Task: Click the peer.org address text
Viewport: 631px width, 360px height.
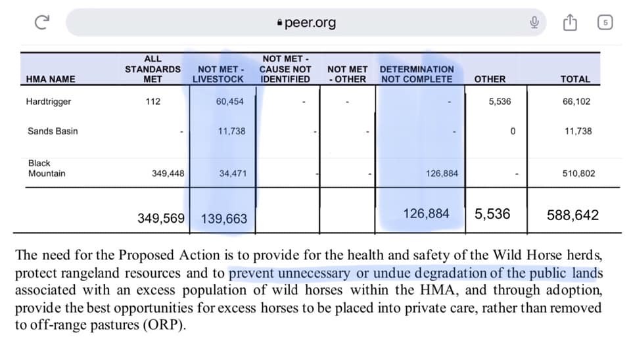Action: [310, 23]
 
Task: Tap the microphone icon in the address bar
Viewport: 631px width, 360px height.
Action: [535, 23]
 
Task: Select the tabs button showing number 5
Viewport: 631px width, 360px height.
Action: [605, 23]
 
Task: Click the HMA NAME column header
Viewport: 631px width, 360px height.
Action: [50, 79]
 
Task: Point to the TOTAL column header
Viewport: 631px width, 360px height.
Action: [575, 79]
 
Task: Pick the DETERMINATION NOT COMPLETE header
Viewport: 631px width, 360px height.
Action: [417, 74]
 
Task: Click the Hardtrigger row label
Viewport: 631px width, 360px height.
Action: [49, 102]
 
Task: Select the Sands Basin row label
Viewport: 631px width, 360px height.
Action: [53, 131]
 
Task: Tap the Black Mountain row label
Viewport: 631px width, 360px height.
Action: [47, 168]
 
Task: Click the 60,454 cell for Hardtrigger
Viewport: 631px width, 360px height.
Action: [230, 102]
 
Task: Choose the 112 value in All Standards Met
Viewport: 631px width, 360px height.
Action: [152, 102]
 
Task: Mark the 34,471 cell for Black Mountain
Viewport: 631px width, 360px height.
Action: [232, 173]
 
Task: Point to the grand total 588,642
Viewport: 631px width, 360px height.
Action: [573, 215]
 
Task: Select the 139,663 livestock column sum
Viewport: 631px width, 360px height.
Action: [224, 218]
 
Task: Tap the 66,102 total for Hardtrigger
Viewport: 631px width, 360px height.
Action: [578, 102]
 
